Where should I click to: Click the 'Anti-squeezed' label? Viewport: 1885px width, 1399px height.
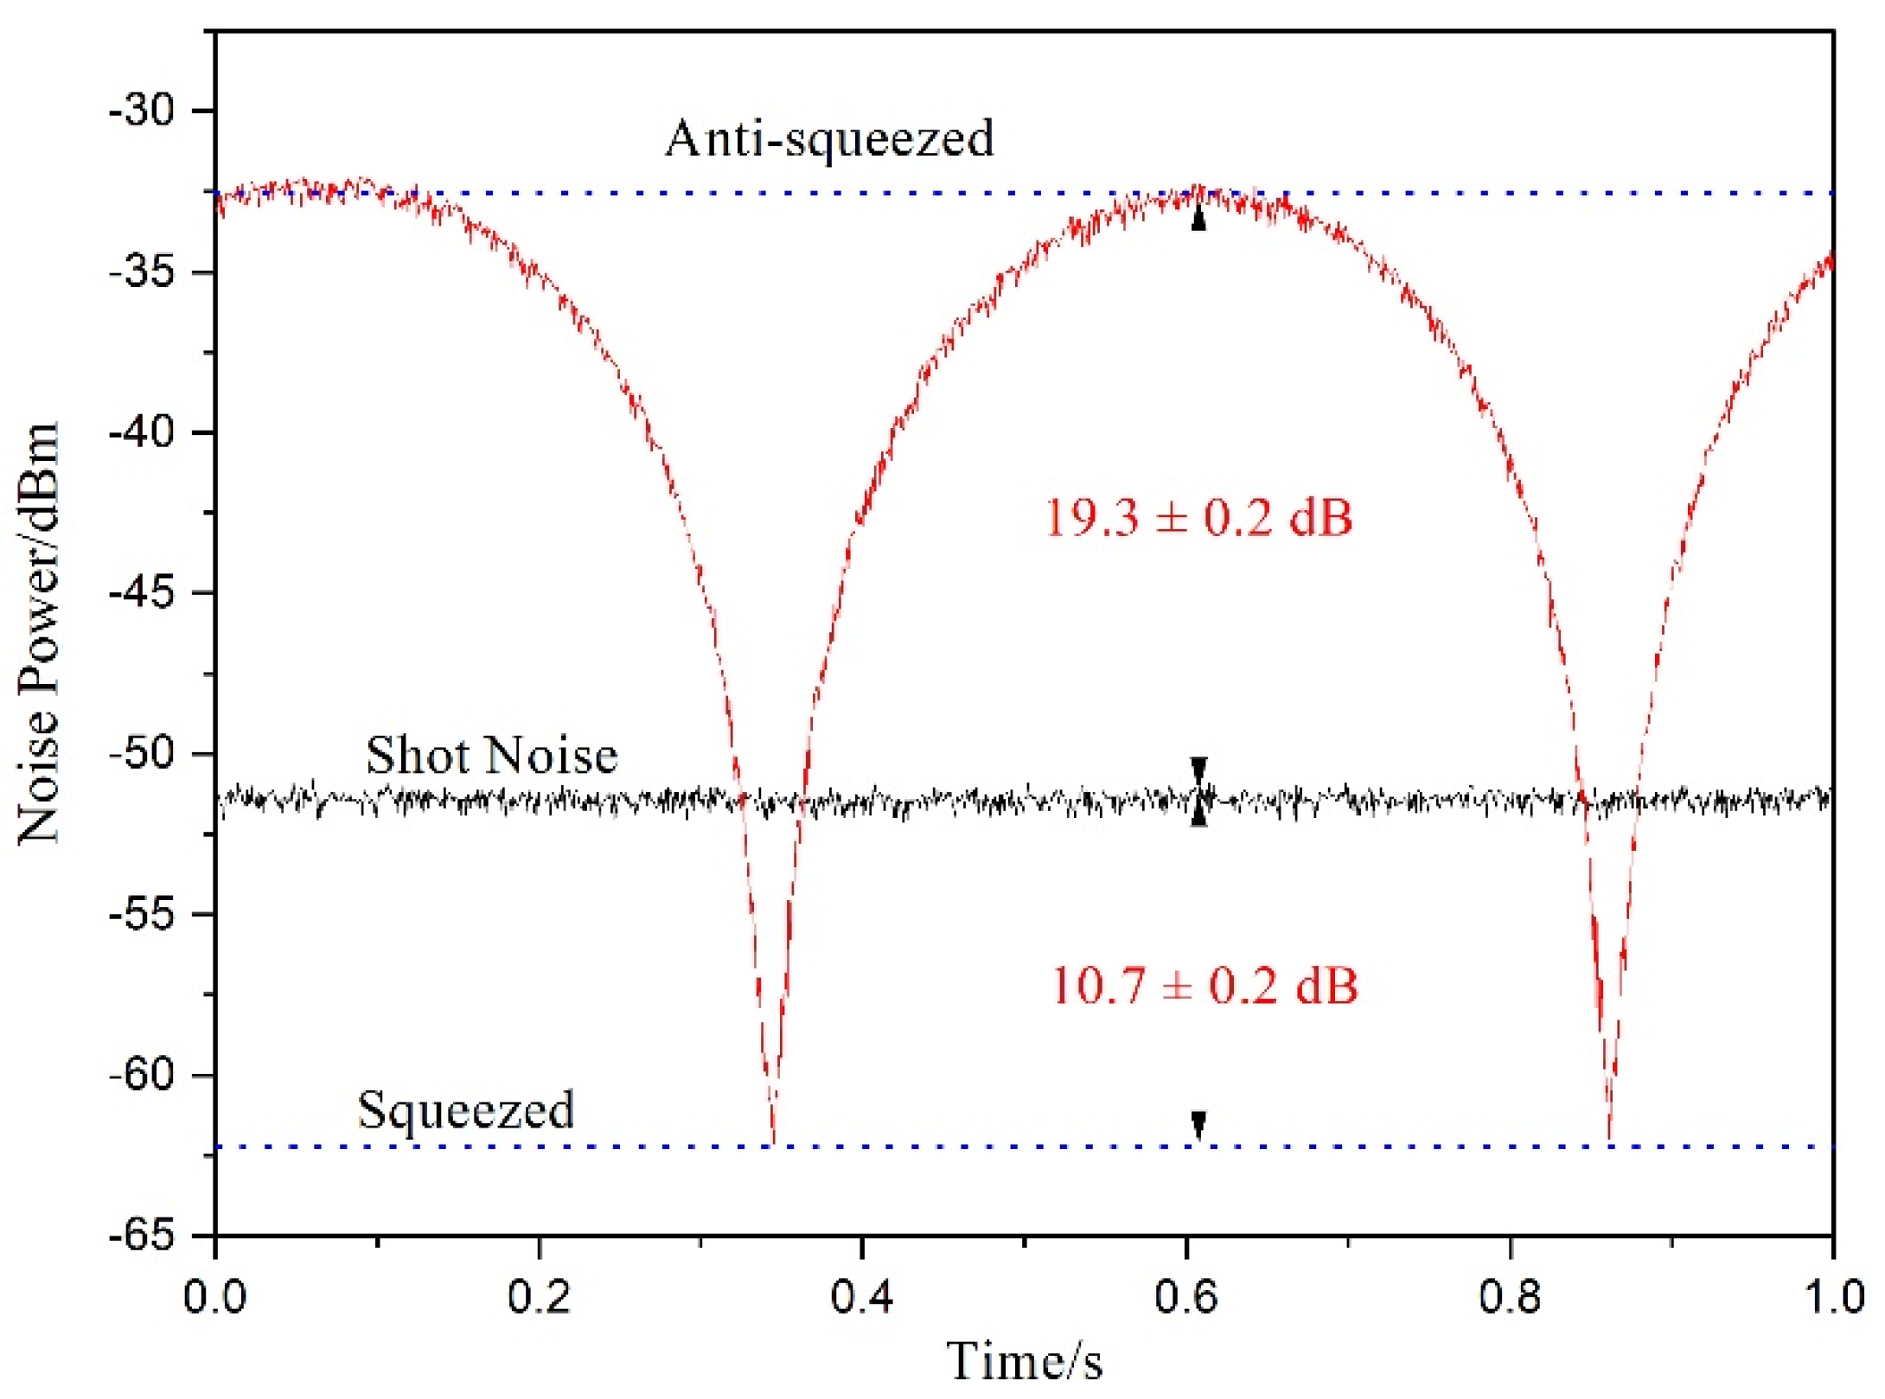pos(828,138)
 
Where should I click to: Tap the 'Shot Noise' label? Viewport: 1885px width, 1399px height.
pos(491,755)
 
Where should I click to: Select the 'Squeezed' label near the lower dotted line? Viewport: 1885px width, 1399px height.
pos(466,1109)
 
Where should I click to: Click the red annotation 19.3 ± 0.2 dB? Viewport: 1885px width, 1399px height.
pos(1198,518)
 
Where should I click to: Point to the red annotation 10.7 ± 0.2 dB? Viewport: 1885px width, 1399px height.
pos(1204,986)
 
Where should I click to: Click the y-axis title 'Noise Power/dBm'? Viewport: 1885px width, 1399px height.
pos(40,633)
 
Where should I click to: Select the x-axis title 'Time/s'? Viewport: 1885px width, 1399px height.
pos(1025,1362)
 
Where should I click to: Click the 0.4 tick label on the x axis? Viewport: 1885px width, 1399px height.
pos(862,1297)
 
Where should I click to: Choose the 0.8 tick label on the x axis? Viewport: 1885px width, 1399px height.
pos(1510,1297)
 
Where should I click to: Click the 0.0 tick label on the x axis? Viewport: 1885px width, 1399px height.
pos(215,1297)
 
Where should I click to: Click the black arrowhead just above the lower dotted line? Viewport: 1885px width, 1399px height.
pos(1198,1125)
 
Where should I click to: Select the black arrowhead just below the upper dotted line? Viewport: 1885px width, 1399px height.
pos(1198,219)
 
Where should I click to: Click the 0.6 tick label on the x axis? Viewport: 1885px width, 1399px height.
pos(1186,1297)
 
